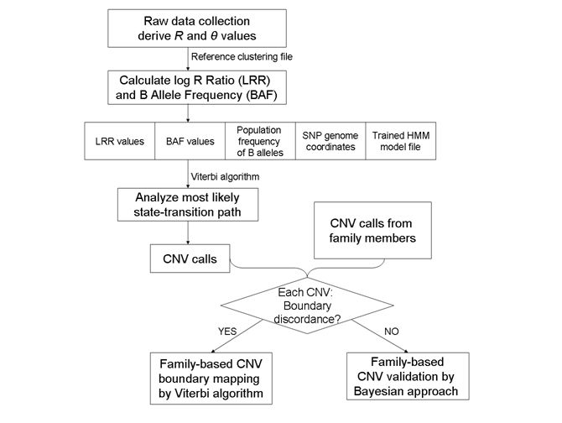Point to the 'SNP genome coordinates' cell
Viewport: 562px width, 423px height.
(x=329, y=143)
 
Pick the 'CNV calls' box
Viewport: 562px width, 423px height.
(x=190, y=259)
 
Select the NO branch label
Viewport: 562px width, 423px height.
(x=392, y=332)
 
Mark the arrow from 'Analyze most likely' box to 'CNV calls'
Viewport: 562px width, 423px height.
(x=187, y=234)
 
